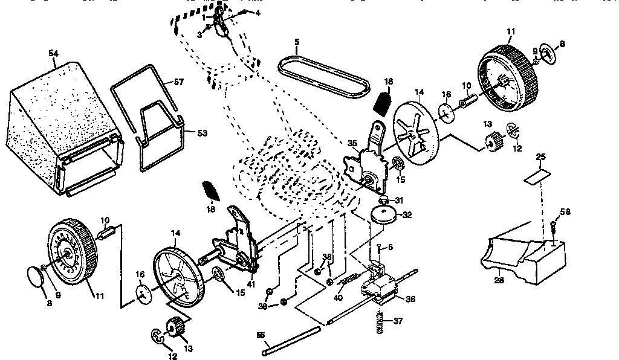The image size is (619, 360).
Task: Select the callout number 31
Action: click(398, 201)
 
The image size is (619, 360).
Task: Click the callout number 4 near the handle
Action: click(259, 12)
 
